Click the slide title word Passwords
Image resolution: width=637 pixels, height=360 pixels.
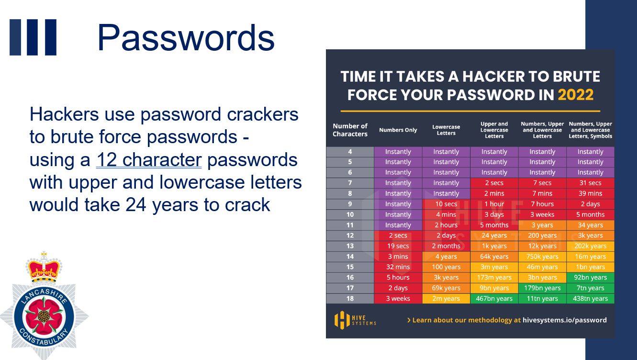(x=186, y=37)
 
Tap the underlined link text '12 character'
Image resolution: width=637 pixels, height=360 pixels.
(x=149, y=160)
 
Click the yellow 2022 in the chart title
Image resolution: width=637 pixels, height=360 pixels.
(x=576, y=95)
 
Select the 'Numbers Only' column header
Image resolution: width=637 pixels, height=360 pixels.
(x=398, y=130)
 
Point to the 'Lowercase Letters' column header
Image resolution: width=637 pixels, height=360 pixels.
(x=446, y=130)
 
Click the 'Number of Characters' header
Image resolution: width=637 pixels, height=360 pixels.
(x=350, y=130)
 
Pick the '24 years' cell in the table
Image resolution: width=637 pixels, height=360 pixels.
(x=494, y=236)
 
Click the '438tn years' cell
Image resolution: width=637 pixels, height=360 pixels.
(x=591, y=299)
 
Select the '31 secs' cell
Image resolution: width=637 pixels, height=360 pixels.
(x=591, y=183)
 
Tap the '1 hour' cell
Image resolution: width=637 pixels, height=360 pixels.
(x=494, y=204)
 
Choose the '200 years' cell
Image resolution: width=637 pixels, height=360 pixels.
(x=542, y=236)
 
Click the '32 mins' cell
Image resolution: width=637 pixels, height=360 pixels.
(x=398, y=267)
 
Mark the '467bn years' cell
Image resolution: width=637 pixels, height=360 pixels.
(x=494, y=299)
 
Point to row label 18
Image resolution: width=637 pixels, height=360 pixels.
(x=350, y=299)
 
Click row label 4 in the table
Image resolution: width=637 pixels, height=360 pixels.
(x=350, y=152)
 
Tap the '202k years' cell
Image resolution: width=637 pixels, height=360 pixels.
(x=591, y=246)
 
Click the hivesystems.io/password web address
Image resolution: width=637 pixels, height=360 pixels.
(x=564, y=320)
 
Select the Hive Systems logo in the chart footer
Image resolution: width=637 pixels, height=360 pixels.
(x=355, y=320)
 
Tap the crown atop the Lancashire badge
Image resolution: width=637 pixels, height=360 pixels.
(x=44, y=267)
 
